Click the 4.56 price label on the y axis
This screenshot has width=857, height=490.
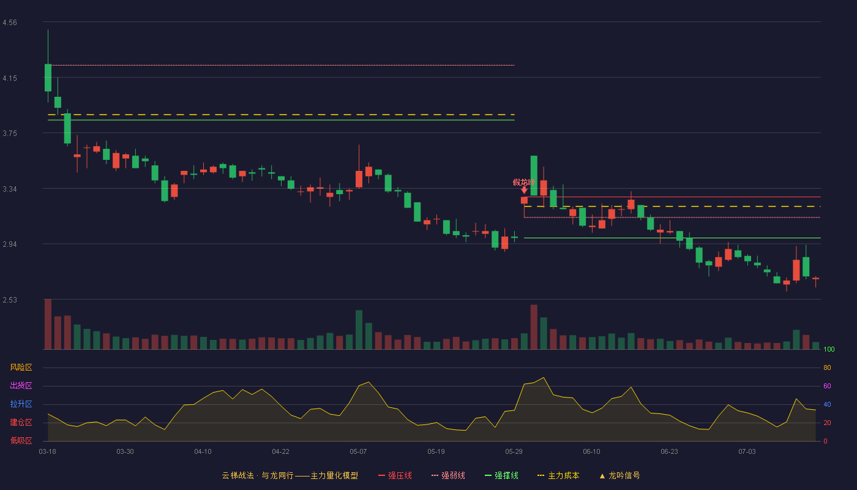tap(10, 23)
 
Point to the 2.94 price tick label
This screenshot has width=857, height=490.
tap(10, 244)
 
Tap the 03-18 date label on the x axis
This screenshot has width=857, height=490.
tap(48, 452)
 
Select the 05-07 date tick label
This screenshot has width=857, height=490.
tap(358, 452)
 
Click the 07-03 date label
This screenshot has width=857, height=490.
tap(747, 452)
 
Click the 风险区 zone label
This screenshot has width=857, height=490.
tap(21, 367)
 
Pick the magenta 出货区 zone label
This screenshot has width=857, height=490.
tap(21, 385)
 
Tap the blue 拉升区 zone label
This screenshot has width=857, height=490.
tap(21, 404)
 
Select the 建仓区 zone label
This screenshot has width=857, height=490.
tap(21, 422)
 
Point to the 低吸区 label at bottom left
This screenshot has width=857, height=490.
tap(21, 440)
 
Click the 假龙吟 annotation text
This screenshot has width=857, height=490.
tap(524, 183)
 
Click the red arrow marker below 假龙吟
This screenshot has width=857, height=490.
tap(524, 190)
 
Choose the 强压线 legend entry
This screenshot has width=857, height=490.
tap(395, 475)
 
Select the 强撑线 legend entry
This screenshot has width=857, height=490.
tap(501, 475)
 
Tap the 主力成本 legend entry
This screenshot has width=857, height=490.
tap(558, 475)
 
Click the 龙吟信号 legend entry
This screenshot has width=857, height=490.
tap(619, 475)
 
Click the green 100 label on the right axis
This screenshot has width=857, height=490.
tap(829, 349)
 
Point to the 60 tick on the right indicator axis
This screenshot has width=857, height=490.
tap(827, 386)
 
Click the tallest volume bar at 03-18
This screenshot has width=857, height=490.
tap(48, 324)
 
